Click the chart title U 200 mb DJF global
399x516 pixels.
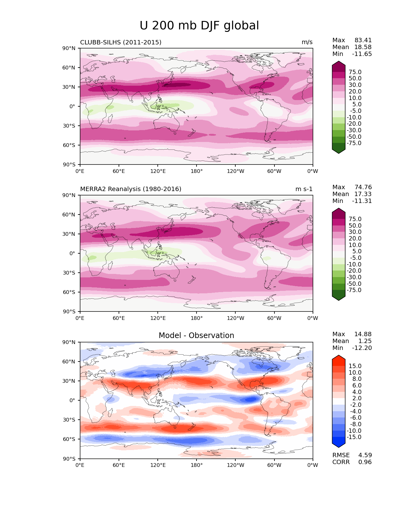199,26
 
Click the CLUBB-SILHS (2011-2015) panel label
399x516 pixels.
121,42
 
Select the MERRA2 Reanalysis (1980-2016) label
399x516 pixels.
130,189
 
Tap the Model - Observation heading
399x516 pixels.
196,336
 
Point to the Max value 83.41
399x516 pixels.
363,40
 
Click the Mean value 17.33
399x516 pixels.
363,194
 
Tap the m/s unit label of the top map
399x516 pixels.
307,42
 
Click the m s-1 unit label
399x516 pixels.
304,189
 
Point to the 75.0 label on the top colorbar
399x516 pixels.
355,72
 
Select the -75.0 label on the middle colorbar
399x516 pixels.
354,290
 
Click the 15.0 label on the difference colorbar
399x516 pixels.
355,366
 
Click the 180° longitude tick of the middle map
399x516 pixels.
197,318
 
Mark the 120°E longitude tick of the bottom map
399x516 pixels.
158,465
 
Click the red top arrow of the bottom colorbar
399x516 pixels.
339,359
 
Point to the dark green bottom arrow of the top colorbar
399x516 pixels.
339,150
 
